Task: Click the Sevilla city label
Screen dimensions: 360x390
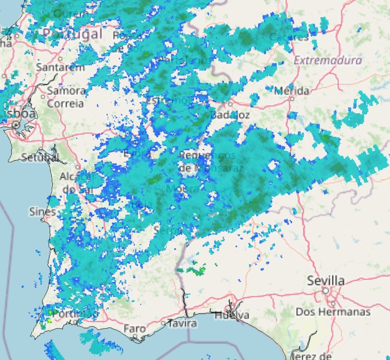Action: pos(326,281)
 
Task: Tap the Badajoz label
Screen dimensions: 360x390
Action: pos(230,115)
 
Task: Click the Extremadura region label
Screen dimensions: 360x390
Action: pos(328,60)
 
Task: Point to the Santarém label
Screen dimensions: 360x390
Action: pos(60,67)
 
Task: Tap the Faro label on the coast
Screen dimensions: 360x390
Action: pos(135,329)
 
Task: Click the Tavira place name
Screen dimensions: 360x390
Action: pos(182,323)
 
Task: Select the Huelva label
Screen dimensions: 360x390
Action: pos(231,315)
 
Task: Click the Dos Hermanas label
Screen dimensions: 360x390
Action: pos(333,312)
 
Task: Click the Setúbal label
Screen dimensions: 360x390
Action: pos(40,157)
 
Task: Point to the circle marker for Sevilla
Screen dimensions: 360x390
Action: pos(326,290)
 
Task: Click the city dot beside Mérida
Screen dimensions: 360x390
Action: pos(292,98)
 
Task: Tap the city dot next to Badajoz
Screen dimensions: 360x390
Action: pos(230,105)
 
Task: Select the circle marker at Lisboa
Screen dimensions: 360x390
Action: pos(16,125)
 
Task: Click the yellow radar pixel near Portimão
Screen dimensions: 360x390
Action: pos(49,321)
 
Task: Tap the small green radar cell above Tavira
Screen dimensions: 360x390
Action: pos(198,270)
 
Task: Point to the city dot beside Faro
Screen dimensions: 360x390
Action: pos(135,336)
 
